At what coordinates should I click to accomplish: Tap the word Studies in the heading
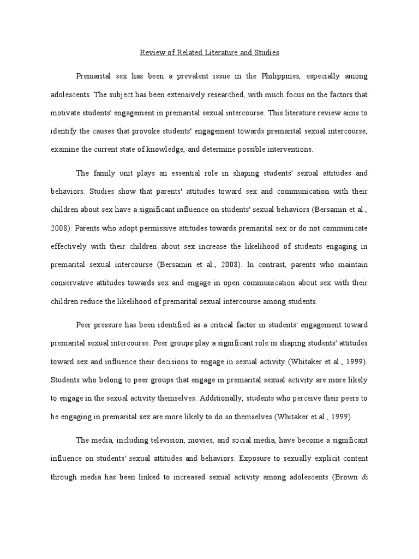coord(266,53)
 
